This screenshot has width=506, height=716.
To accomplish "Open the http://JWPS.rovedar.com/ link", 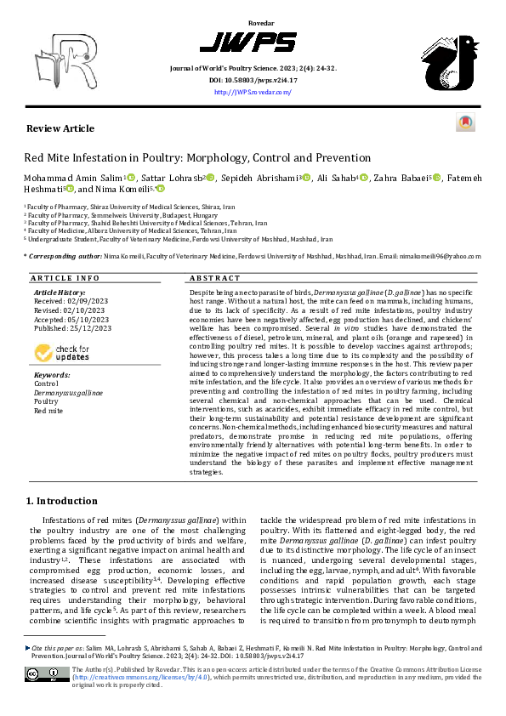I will pyautogui.click(x=253, y=93).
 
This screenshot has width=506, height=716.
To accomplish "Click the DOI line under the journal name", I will pyautogui.click(x=253, y=81).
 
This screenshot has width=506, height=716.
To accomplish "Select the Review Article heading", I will pyautogui.click(x=60, y=128).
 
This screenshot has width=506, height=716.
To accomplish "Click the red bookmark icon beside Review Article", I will pyautogui.click(x=464, y=123).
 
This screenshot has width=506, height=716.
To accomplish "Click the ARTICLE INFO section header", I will pyautogui.click(x=65, y=278).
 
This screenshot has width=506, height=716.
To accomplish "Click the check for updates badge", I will pyautogui.click(x=61, y=352).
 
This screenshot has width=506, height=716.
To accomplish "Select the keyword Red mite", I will pyautogui.click(x=48, y=410).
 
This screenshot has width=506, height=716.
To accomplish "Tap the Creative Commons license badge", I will pyautogui.click(x=48, y=675).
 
